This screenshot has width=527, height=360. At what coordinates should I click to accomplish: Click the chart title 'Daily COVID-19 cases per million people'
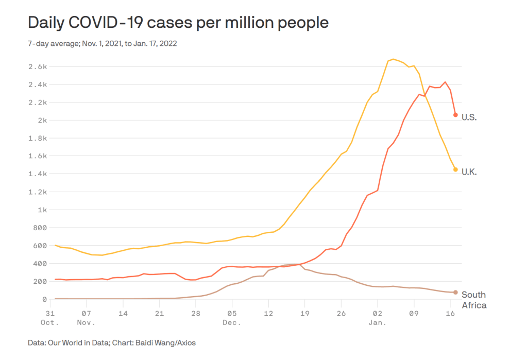tap(178, 23)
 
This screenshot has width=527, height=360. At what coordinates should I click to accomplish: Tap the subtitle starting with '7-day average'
tap(102, 44)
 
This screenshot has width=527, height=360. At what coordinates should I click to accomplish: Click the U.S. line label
tap(469, 117)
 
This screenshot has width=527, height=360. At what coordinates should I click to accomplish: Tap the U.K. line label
tap(469, 172)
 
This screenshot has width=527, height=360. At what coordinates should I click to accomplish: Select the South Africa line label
tap(473, 300)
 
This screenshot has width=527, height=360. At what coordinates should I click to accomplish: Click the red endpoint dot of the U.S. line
tap(455, 115)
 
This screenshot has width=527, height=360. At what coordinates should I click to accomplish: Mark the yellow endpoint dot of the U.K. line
tap(455, 169)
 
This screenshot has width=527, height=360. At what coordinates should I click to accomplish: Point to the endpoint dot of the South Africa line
tap(455, 293)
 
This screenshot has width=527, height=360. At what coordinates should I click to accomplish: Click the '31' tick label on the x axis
tap(50, 313)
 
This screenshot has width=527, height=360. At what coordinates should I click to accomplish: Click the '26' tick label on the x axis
tap(341, 313)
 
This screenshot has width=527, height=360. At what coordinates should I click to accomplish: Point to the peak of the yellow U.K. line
tap(393, 59)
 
